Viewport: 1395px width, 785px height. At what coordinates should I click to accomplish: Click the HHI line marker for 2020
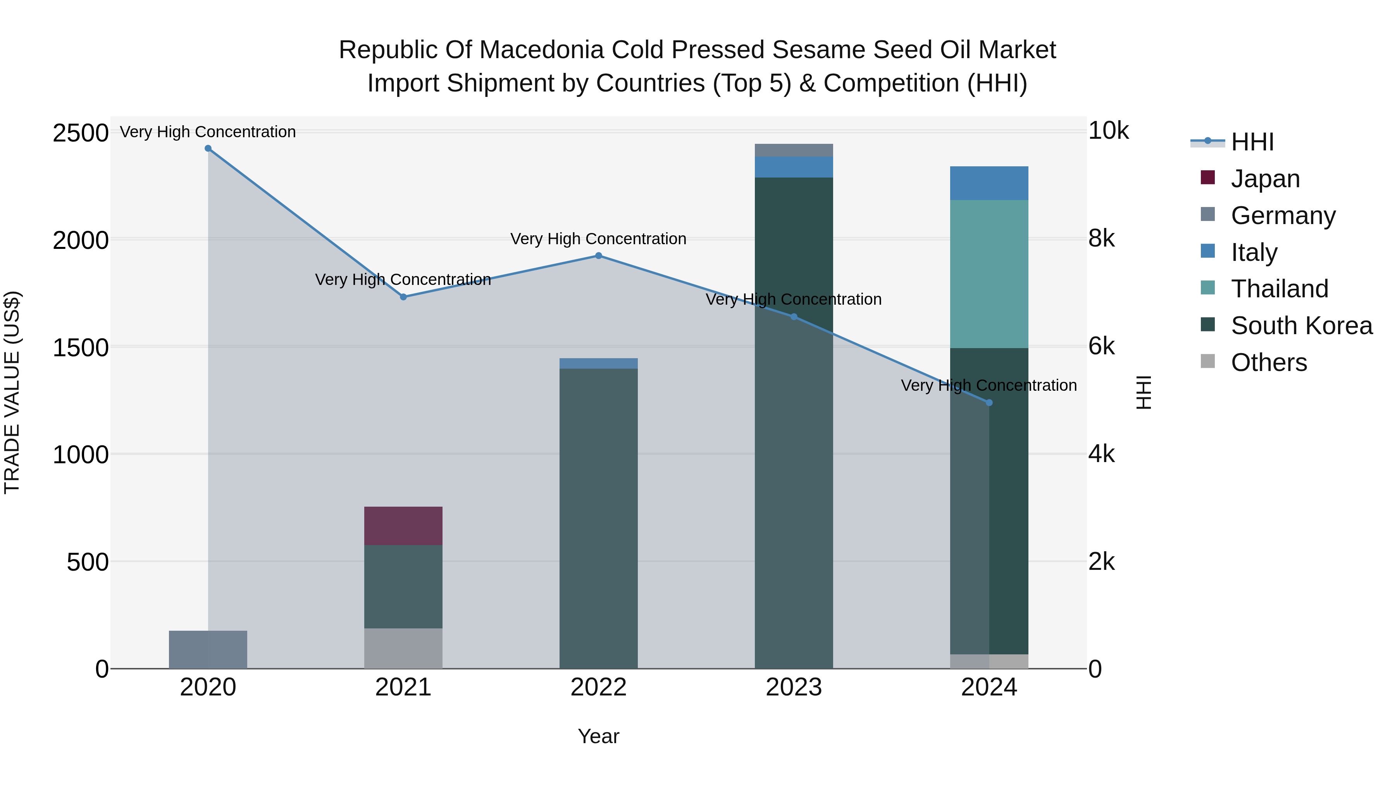coord(208,148)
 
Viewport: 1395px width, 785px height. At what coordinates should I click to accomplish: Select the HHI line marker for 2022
coord(598,256)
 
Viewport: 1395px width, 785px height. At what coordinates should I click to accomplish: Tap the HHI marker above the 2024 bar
coord(989,402)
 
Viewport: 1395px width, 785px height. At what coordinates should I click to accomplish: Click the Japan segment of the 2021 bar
coord(403,526)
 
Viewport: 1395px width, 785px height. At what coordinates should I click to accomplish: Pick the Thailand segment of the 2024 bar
coord(989,274)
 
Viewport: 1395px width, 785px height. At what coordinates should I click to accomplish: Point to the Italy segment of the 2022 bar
coord(598,363)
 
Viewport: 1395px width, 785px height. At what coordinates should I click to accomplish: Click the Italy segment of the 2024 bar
coord(989,183)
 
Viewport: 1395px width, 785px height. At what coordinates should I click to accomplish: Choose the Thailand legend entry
coord(1279,289)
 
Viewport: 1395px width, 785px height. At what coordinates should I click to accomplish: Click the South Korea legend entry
coord(1301,326)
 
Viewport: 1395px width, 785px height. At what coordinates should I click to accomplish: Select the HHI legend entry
coord(1252,142)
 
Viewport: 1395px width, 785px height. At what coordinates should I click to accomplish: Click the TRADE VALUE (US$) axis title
coord(12,392)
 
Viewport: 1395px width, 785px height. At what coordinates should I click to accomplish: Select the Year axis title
coord(598,736)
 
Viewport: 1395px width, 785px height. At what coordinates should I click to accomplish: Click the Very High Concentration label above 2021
coord(403,279)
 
